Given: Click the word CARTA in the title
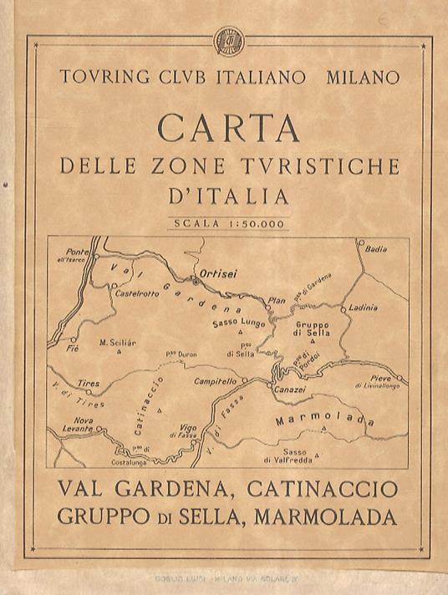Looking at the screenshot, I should tap(228, 129).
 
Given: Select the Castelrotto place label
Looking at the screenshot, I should tap(135, 293).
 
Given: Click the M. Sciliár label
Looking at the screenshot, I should tap(118, 341).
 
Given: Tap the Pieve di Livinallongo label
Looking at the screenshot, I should tap(377, 383).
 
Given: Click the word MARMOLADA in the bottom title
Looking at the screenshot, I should tap(337, 516).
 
